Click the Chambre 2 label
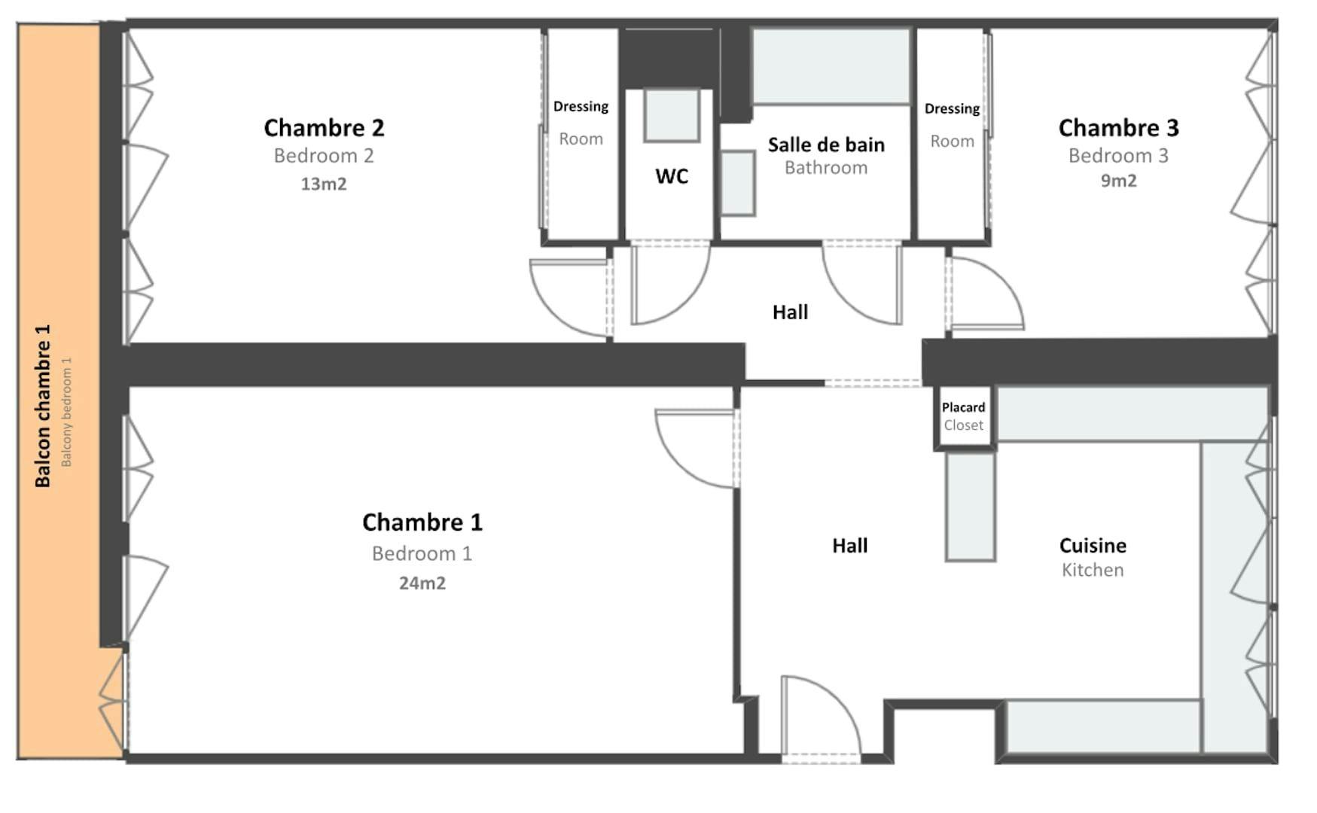(x=324, y=128)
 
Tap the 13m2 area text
(x=324, y=184)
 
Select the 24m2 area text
(x=422, y=583)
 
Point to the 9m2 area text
(x=1118, y=181)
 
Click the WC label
(x=672, y=176)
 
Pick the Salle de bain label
(x=826, y=145)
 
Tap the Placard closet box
(x=964, y=417)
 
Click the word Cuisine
(x=1093, y=545)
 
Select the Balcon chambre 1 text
(x=43, y=406)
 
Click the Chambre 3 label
(x=1118, y=128)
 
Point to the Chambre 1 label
(x=422, y=522)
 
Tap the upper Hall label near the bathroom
(x=790, y=312)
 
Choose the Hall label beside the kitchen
(x=849, y=545)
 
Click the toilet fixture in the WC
(x=672, y=115)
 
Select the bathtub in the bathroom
(x=831, y=66)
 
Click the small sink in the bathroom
(x=738, y=184)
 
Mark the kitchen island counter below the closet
(x=971, y=506)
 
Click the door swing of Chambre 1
(x=694, y=449)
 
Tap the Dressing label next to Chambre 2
(x=581, y=107)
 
